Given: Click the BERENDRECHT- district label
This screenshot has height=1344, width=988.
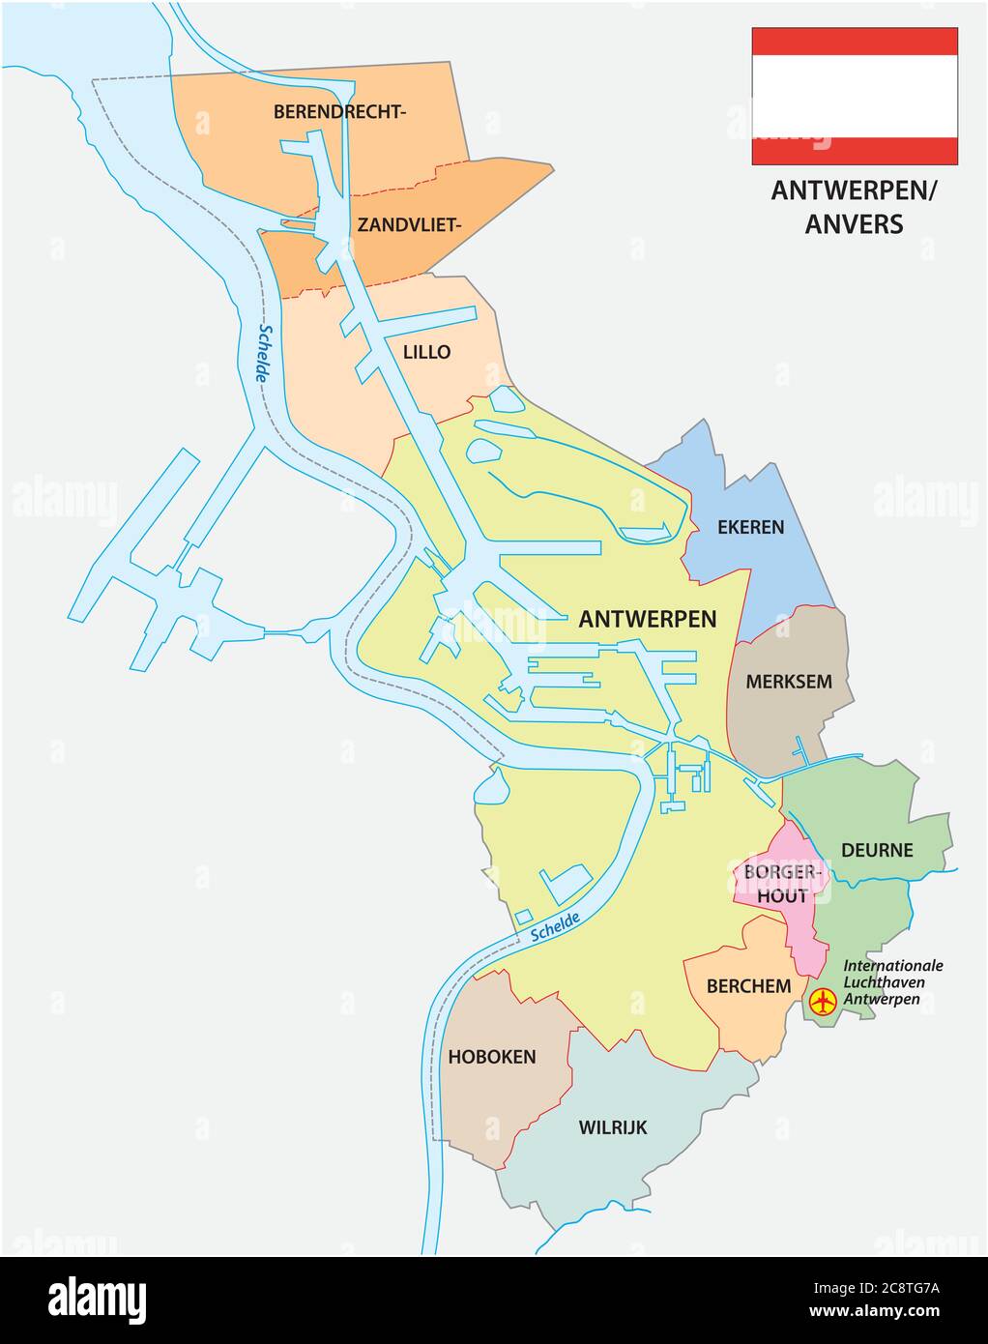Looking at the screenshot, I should tap(339, 112).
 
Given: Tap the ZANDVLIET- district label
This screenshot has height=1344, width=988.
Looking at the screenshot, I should tap(409, 225).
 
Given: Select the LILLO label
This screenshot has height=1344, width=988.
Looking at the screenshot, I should tap(426, 352).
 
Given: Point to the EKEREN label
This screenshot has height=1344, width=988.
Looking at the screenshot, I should tap(750, 528).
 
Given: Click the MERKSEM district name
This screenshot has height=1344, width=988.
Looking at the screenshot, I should tap(788, 682).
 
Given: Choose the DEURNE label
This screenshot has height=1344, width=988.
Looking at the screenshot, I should tap(877, 851).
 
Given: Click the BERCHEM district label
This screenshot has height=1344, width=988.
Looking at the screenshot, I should tap(749, 987).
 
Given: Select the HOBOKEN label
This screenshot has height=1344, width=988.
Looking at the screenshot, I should tap(491, 1057).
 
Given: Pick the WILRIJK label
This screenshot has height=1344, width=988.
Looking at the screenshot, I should tap(612, 1127).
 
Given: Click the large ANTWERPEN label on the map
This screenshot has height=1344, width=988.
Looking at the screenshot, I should tap(647, 620).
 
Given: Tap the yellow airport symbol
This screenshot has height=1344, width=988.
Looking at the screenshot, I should tap(823, 1002).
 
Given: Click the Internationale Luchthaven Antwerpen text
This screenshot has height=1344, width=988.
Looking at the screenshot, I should tap(892, 981).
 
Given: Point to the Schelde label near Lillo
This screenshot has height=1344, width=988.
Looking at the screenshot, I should tap(262, 353).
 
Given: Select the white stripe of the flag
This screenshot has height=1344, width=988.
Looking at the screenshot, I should tap(855, 97).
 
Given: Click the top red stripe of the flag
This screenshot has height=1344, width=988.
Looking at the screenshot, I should tap(855, 41).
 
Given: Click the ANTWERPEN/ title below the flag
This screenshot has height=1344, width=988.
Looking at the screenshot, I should tap(854, 191).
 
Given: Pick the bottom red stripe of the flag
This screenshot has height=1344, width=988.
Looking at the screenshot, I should tap(855, 152).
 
